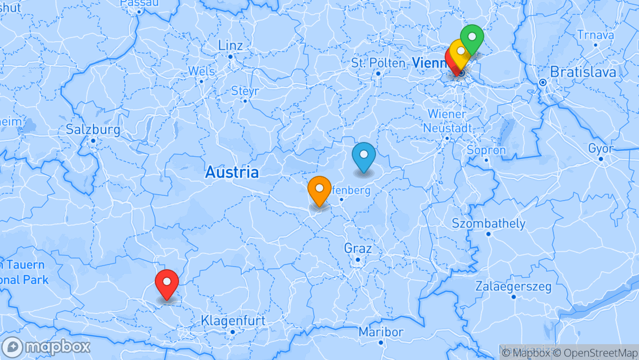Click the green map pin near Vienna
(x=472, y=39)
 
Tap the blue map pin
(x=363, y=155)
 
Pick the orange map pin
(x=319, y=189)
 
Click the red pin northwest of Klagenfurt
(x=167, y=282)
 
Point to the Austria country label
(x=232, y=172)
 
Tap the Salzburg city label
(x=93, y=129)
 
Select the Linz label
(x=230, y=45)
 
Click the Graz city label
(x=358, y=248)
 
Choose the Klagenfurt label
(x=233, y=320)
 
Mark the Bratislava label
(x=583, y=72)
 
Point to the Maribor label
(x=381, y=332)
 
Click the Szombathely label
(x=488, y=223)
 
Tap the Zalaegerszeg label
(x=513, y=287)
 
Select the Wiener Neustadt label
(x=447, y=121)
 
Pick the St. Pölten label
(x=378, y=63)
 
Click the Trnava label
(x=595, y=35)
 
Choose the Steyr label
(x=245, y=91)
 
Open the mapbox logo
(x=46, y=347)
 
